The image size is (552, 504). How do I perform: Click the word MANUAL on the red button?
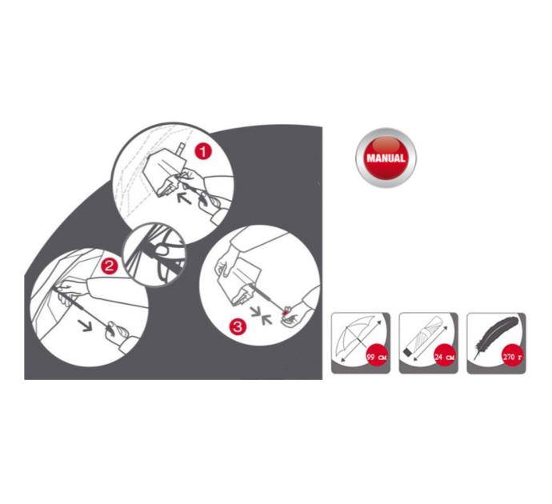[x=386, y=158]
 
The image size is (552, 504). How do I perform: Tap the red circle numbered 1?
[x=202, y=152]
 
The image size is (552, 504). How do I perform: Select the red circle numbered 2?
[x=109, y=266]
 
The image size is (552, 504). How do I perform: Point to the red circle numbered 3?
[x=238, y=327]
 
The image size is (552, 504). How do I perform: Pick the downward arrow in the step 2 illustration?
[x=85, y=325]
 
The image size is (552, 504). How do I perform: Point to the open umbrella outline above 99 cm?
[x=354, y=334]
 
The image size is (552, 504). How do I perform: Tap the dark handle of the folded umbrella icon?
[x=407, y=353]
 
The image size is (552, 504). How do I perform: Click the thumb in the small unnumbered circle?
[x=163, y=250]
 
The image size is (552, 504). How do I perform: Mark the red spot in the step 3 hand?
[x=286, y=310]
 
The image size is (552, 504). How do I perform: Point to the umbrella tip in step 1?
[x=181, y=148]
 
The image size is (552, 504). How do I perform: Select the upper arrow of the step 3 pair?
[x=258, y=310]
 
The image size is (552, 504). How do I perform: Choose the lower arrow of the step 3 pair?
[x=266, y=319]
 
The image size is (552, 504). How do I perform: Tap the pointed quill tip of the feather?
[x=475, y=359]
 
